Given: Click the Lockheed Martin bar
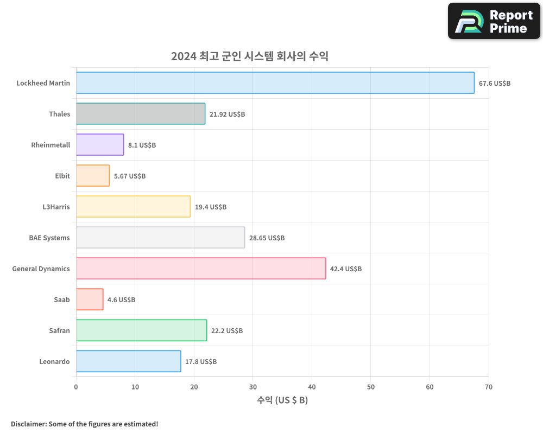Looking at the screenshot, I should coord(275,83).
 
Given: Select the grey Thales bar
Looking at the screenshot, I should coord(141,114).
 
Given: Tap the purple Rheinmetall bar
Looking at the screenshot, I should coord(100,145).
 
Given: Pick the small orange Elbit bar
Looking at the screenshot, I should coord(93,176).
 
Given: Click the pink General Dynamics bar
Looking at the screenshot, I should coord(201,269).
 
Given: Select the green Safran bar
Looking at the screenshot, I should coord(141,330).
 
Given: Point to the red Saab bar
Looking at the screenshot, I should coord(90,299).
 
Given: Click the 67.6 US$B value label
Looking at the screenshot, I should coord(494,84).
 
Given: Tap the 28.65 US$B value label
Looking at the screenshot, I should coord(267,238).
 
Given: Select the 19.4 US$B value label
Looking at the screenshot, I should coord(211,207).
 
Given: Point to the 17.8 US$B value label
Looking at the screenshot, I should coord(201,362).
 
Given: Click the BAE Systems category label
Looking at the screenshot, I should coord(49,238).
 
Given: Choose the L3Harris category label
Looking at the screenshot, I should coord(56,207).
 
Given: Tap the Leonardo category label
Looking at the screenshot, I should coord(54,361).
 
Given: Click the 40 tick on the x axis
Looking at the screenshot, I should coord(312,387).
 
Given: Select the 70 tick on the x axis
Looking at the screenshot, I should coord(489,387).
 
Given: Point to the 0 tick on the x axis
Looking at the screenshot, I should coord(76,387).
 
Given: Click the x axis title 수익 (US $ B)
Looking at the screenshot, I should coord(282,400).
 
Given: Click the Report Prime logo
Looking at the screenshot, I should coord(494,21).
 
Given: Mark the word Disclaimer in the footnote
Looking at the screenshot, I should coord(28,424).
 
